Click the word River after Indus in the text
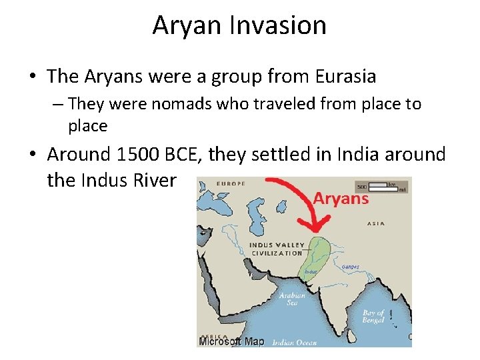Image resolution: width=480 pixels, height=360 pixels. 155,180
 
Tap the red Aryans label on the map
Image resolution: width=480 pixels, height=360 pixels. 341,199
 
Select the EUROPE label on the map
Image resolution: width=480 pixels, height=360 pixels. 231,183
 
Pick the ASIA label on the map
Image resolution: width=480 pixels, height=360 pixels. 376,223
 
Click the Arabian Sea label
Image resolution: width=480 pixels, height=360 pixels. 293,299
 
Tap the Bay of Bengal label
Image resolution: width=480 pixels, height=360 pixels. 373,316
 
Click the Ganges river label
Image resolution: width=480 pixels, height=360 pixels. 350,267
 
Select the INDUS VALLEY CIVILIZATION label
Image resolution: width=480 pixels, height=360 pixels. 276,249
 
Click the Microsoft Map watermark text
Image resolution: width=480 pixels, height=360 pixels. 232,341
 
